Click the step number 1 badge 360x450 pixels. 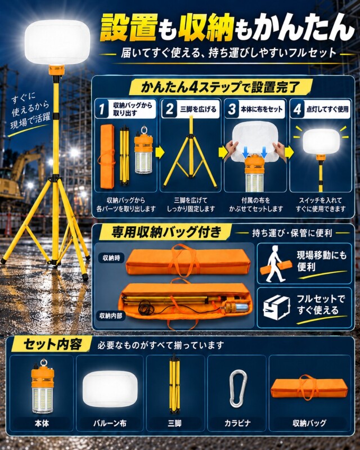[x=102, y=109]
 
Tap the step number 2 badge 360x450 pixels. [x=170, y=109]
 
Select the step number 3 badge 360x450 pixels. [x=232, y=109]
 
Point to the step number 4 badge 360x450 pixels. [x=298, y=109]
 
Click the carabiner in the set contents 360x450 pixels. [x=238, y=389]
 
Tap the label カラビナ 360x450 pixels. [x=237, y=423]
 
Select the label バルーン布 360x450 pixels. [x=110, y=423]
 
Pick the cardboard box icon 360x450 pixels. [x=276, y=307]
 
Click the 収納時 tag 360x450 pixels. [x=111, y=258]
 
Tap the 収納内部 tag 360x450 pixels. [x=111, y=316]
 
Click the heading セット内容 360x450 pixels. [x=52, y=344]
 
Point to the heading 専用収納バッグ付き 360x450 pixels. [x=166, y=232]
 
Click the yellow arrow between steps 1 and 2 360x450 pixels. [x=159, y=152]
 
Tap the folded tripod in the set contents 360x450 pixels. [x=174, y=384]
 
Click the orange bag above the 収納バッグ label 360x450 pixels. [x=309, y=388]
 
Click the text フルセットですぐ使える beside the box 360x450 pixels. [x=321, y=304]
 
